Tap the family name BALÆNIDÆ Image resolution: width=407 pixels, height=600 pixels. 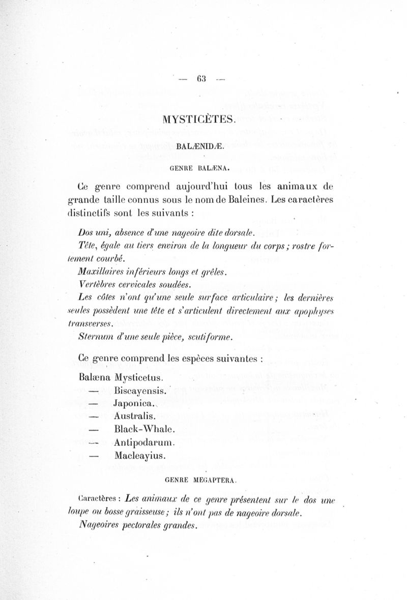click(x=200, y=146)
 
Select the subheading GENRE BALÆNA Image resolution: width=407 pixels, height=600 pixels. click(x=199, y=166)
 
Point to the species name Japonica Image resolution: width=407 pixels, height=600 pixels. click(x=134, y=403)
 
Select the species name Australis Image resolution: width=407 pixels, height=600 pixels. click(x=135, y=416)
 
